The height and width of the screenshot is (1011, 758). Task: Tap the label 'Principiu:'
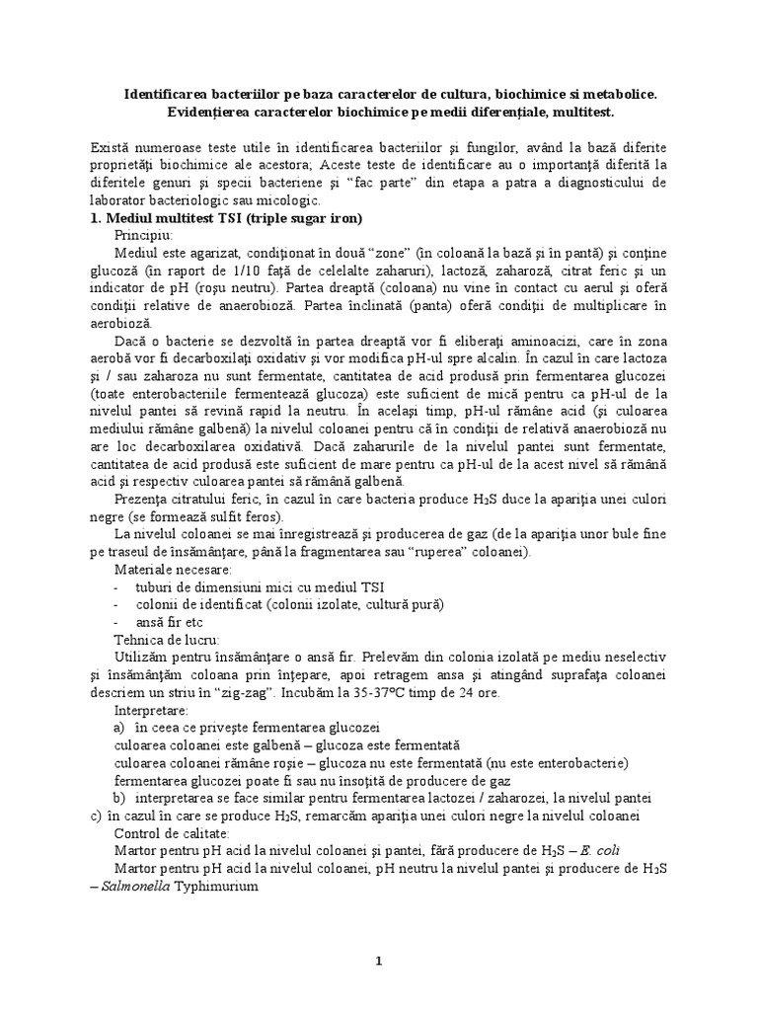click(x=143, y=235)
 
